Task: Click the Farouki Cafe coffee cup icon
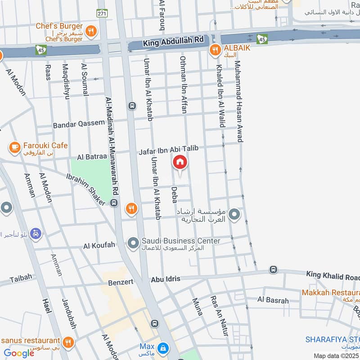(14, 146)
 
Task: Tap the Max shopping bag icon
(163, 347)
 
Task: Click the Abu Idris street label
(166, 279)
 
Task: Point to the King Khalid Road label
(333, 275)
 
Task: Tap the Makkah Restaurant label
(330, 292)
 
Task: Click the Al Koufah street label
(99, 246)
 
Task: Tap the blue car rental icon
(36, 234)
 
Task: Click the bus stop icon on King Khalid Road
(273, 270)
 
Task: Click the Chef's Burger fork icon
(91, 31)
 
